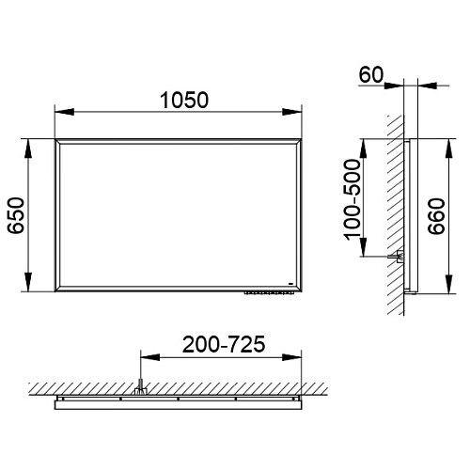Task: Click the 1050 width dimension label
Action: pyautogui.click(x=184, y=101)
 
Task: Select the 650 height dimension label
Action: pyautogui.click(x=16, y=215)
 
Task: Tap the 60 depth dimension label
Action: pyautogui.click(x=371, y=75)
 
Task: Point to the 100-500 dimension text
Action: pyautogui.click(x=352, y=199)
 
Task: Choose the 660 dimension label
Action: pyautogui.click(x=437, y=216)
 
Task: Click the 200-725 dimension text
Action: pyautogui.click(x=224, y=344)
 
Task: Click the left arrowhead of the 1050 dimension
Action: pyautogui.click(x=65, y=112)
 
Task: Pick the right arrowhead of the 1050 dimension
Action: pyautogui.click(x=291, y=112)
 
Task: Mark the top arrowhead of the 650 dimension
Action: pyautogui.click(x=28, y=149)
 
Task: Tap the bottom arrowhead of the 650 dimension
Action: pyautogui.click(x=28, y=282)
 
